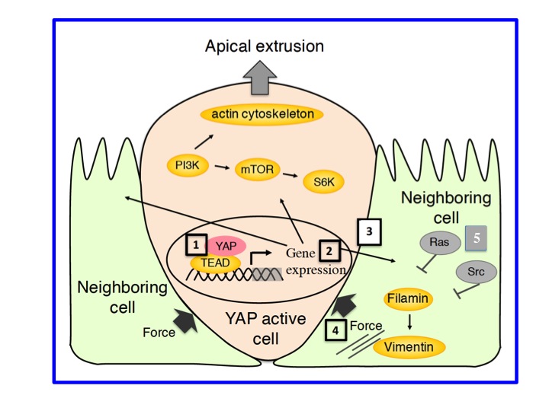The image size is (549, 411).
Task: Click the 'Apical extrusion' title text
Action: click(x=265, y=46)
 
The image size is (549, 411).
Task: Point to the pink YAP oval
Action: click(x=226, y=245)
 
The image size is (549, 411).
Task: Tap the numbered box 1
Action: click(x=196, y=245)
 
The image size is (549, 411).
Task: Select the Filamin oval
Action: click(x=406, y=298)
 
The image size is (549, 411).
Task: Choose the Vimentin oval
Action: click(x=415, y=347)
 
